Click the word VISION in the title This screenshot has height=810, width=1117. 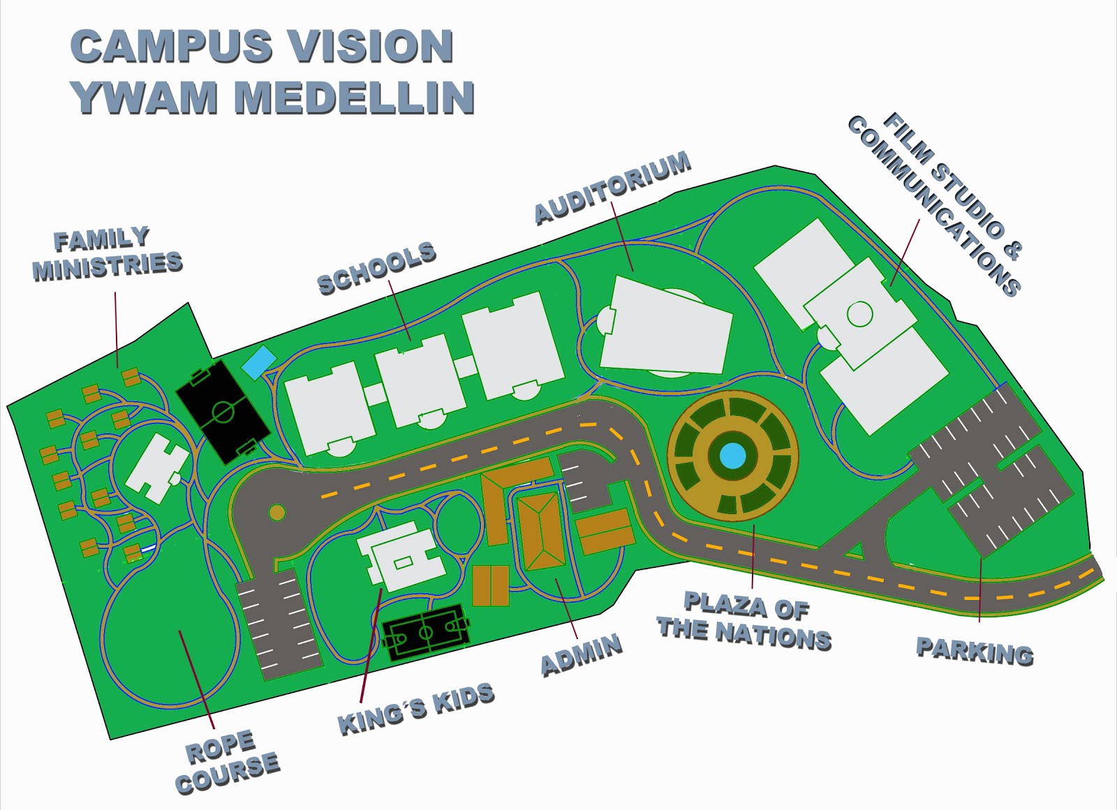(371, 47)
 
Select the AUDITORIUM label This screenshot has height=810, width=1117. (613, 188)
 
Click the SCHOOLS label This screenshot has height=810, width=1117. (376, 269)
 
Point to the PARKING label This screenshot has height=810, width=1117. (975, 650)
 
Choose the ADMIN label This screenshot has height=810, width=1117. (581, 654)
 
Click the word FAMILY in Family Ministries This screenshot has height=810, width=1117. (102, 239)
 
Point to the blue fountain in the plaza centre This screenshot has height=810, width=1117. (732, 456)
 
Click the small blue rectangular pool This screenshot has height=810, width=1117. (259, 362)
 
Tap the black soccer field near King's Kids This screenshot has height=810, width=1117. (426, 632)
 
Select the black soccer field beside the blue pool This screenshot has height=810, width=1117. (222, 410)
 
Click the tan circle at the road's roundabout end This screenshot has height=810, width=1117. (277, 513)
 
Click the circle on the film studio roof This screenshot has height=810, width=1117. (859, 313)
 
